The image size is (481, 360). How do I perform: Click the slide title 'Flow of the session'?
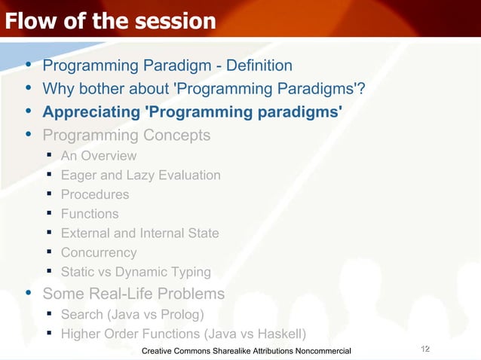[x=110, y=21]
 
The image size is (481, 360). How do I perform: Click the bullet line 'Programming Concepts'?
[x=126, y=136]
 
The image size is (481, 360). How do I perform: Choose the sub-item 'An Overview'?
[x=99, y=156]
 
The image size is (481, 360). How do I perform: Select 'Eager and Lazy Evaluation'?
[x=140, y=175]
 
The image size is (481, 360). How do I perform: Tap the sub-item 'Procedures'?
[x=94, y=194]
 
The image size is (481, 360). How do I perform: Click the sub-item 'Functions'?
[x=90, y=214]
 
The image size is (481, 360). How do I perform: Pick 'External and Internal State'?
[x=139, y=233]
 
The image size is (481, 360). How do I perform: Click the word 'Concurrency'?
[x=99, y=253]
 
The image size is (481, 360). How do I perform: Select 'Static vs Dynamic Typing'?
[x=136, y=273]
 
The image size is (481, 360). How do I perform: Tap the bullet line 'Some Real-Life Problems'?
[x=133, y=293]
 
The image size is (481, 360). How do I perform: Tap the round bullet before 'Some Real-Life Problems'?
[x=28, y=292]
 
